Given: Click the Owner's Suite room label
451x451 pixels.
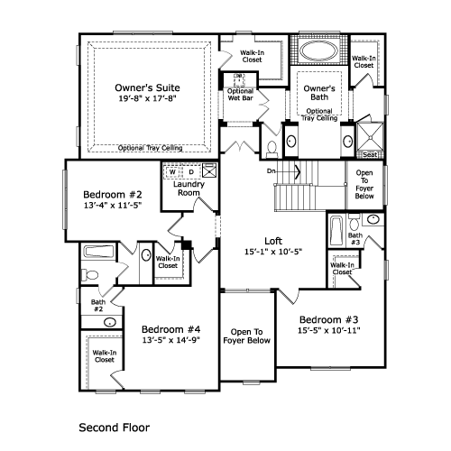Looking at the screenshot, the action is coord(147,87).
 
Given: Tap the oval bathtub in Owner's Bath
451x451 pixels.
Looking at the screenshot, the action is coord(318,51).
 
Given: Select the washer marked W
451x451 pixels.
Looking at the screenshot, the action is coord(172,172).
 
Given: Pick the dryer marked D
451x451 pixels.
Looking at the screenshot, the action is coord(191,172).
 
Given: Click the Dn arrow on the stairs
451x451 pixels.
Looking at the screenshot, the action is coord(284,171).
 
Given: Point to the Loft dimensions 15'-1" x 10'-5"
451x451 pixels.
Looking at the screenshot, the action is coord(273,252).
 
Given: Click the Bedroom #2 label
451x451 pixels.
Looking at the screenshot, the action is coord(113,195).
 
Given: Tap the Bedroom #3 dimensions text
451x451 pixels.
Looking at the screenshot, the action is coord(329,330).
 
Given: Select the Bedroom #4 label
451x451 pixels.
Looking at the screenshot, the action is coord(170,329).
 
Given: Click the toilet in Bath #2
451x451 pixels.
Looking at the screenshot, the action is coord(89,275).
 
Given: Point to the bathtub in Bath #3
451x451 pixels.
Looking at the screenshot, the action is coord(336,231).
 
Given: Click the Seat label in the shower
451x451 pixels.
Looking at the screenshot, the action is coord(370,155).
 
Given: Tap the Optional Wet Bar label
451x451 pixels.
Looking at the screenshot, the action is coord(240,95).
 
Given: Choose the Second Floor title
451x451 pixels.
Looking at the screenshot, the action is coord(115,428).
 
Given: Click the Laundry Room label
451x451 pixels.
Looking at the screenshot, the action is coord(189,189).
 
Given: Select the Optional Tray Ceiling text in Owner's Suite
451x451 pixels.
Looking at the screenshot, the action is coord(150,148).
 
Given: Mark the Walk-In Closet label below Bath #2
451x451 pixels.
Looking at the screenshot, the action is coord(105,356).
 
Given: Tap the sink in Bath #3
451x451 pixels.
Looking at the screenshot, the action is coord(373,219).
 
